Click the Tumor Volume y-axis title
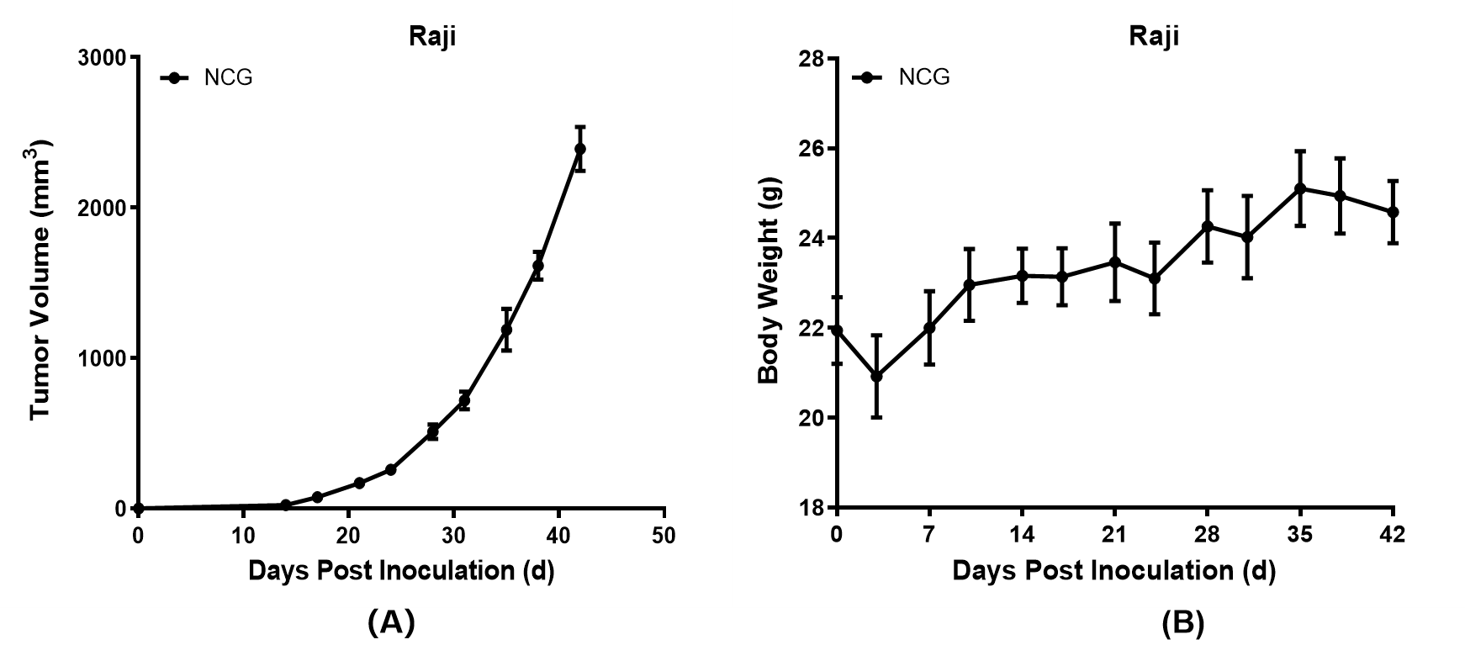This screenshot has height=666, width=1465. [41, 281]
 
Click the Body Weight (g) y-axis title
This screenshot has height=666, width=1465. [769, 281]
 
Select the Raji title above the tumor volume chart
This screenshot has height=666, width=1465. [432, 37]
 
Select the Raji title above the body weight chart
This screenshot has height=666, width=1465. [1153, 36]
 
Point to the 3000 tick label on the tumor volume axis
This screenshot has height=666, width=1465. [102, 58]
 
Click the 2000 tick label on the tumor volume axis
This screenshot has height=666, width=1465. [102, 208]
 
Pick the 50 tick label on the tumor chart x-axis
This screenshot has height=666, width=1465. [664, 536]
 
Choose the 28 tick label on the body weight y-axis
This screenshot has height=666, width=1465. [811, 59]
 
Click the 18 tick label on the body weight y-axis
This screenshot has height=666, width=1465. [811, 508]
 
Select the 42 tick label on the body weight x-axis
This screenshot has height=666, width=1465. [1393, 535]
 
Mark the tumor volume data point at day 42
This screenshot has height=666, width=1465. [579, 149]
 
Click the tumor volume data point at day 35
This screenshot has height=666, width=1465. [506, 330]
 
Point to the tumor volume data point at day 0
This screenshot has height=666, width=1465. [138, 508]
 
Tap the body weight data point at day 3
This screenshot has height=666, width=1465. [876, 376]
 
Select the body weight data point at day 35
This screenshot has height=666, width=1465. [1300, 188]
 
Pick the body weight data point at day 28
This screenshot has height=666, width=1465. [1207, 226]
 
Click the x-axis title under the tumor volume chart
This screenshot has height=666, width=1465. [400, 571]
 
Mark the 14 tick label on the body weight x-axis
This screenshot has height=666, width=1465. [1021, 535]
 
